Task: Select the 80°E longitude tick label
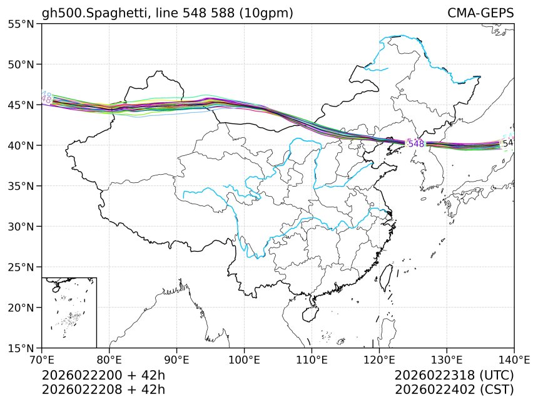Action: tap(109, 360)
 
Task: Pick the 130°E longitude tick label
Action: tap(447, 360)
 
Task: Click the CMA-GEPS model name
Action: tap(480, 13)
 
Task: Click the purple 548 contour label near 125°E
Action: tap(416, 144)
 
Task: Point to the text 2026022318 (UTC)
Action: tap(454, 376)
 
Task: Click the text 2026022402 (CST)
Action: tap(454, 390)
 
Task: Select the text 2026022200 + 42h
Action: tap(103, 376)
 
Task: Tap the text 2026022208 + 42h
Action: tap(103, 390)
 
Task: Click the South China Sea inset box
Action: tap(69, 312)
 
